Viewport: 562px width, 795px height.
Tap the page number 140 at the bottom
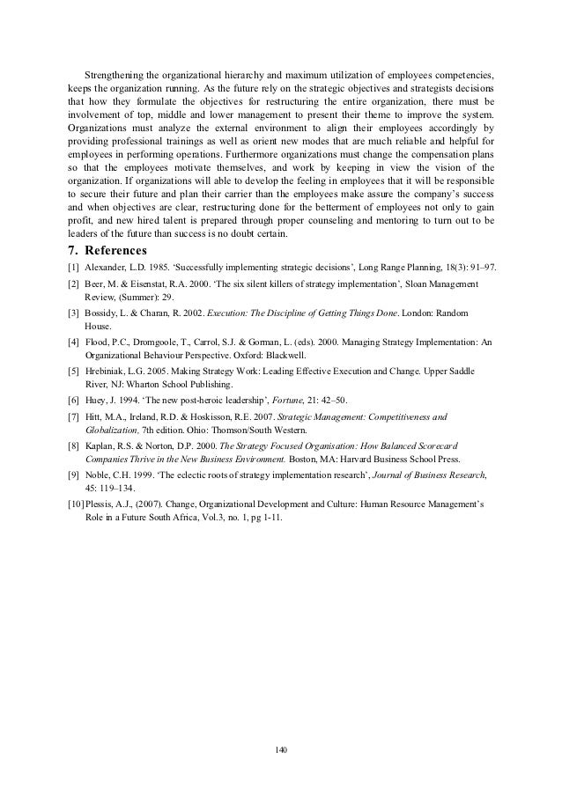pyautogui.click(x=281, y=748)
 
